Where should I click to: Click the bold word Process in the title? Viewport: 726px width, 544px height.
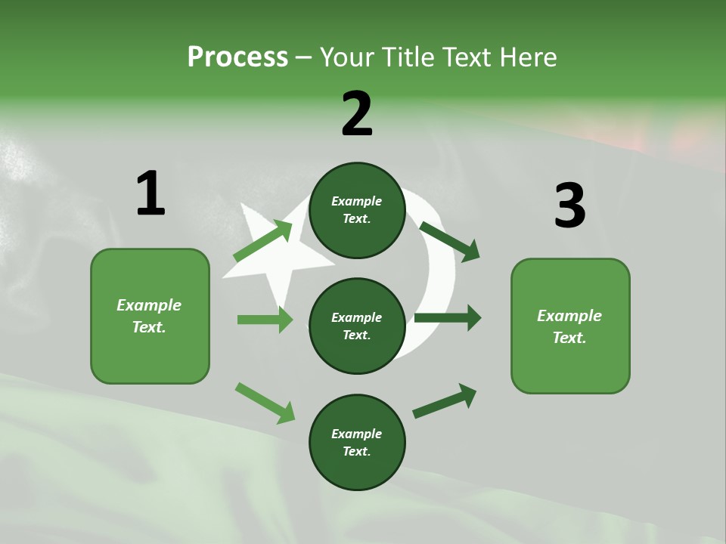click(x=237, y=57)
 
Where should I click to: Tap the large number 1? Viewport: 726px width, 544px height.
click(x=150, y=194)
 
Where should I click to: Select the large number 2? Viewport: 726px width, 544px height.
click(x=357, y=114)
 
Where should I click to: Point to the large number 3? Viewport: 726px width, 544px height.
click(x=569, y=206)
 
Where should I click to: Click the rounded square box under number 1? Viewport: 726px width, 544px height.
click(x=150, y=316)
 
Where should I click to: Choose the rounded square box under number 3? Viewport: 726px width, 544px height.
click(x=570, y=326)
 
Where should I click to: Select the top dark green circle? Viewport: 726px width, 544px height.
click(x=357, y=210)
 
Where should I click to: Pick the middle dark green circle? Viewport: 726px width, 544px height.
click(x=357, y=326)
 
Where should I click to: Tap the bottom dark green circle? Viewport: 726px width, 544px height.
click(x=357, y=442)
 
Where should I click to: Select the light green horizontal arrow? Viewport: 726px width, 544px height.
click(x=265, y=320)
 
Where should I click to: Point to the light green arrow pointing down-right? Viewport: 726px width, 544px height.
click(x=265, y=403)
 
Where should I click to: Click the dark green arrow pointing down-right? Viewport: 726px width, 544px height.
click(x=449, y=241)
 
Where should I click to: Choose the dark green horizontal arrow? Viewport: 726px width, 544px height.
click(x=447, y=318)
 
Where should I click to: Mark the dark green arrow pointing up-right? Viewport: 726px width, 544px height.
click(x=445, y=400)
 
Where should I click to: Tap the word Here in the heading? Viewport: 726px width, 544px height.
click(x=529, y=57)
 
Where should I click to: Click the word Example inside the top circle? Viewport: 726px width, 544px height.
click(x=357, y=201)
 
